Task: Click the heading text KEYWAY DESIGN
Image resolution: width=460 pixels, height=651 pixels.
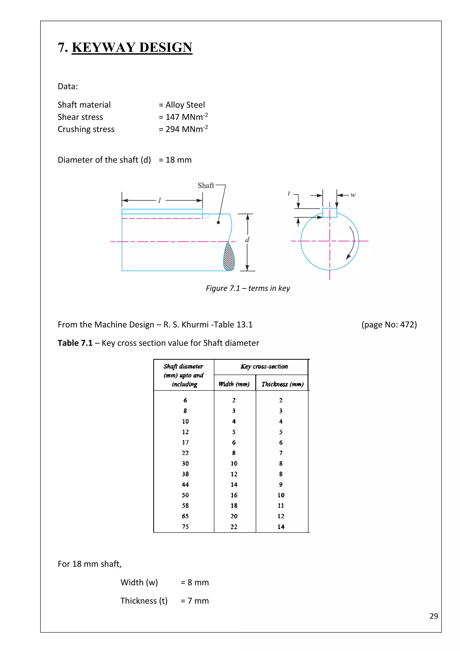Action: pyautogui.click(x=132, y=47)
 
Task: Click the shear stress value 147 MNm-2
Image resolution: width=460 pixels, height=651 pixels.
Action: pyautogui.click(x=186, y=117)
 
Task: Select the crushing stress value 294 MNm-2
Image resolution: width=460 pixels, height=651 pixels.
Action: pyautogui.click(x=186, y=129)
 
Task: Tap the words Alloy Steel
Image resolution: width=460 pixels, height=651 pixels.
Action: pyautogui.click(x=185, y=105)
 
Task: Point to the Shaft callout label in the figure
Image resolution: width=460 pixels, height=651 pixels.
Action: pyautogui.click(x=206, y=185)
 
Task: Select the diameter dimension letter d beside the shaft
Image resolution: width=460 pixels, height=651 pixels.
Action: pyautogui.click(x=247, y=240)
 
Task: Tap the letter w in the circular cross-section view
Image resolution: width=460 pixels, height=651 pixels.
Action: pyautogui.click(x=353, y=195)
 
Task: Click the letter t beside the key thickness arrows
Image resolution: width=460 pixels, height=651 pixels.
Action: pyautogui.click(x=289, y=193)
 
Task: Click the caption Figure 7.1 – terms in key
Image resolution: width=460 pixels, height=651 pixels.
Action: pyautogui.click(x=248, y=288)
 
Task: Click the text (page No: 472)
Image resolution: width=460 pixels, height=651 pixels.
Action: pyautogui.click(x=389, y=324)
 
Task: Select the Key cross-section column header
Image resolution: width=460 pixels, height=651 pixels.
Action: pyautogui.click(x=264, y=366)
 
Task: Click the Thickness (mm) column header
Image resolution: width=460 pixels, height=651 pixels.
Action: pyautogui.click(x=282, y=384)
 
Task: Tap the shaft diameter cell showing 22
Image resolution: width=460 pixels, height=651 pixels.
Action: pyautogui.click(x=185, y=453)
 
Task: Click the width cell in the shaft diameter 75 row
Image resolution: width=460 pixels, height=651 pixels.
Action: pyautogui.click(x=234, y=526)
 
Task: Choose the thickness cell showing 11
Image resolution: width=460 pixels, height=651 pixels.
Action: pyautogui.click(x=281, y=506)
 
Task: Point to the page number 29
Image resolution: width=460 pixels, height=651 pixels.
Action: pyautogui.click(x=434, y=616)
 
